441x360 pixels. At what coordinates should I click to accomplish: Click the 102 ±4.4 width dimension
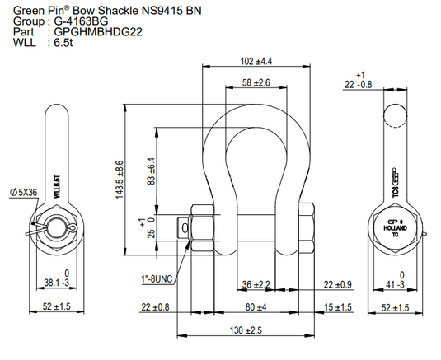tap(257, 60)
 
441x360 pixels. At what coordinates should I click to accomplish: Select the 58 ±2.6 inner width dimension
tap(257, 82)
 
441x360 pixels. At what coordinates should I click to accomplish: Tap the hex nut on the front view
tap(202, 227)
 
